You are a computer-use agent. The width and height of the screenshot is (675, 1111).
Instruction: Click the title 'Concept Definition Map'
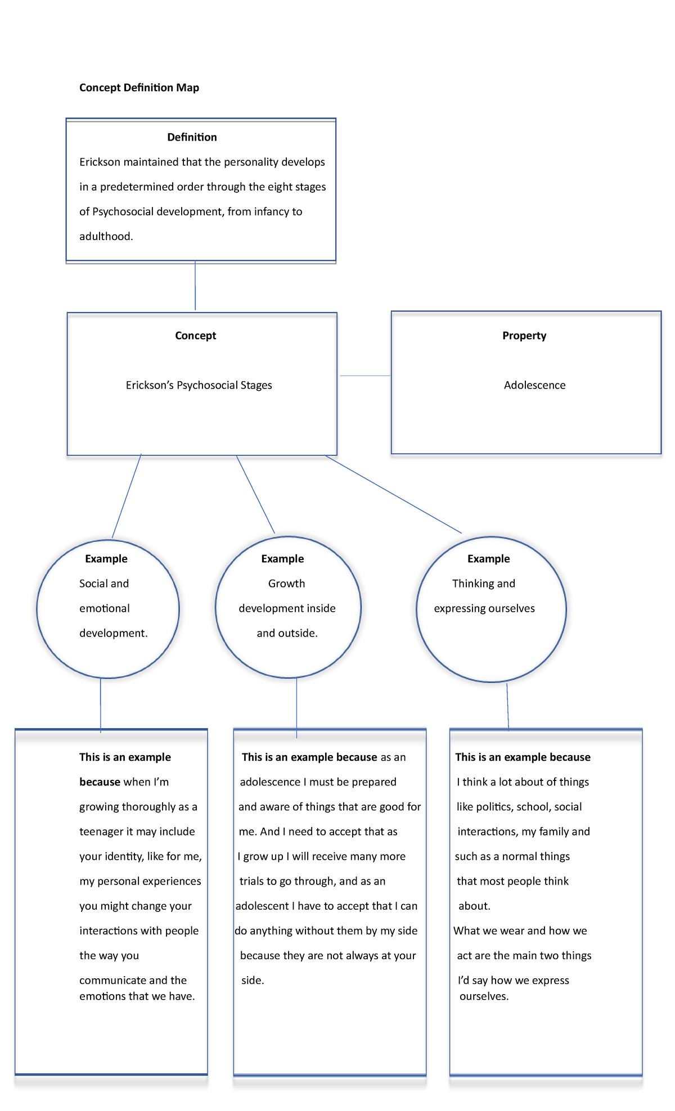coord(139,88)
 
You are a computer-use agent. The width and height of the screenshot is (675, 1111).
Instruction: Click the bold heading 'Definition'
coord(192,137)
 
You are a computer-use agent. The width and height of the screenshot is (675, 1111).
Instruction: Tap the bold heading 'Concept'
coord(195,336)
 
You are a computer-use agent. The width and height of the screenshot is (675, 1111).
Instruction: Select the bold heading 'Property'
coord(524,336)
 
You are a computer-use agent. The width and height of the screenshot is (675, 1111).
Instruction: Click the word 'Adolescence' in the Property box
coord(534,385)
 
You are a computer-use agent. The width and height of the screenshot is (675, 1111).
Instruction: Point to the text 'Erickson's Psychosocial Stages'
coord(199,385)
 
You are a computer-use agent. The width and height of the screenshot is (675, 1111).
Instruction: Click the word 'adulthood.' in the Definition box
coord(106,237)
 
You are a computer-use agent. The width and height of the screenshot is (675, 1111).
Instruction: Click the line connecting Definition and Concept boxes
coord(195,287)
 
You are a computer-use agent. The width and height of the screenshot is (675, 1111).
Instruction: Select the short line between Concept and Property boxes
coord(365,376)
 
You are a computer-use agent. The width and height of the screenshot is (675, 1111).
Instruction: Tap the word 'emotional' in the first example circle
coord(105,608)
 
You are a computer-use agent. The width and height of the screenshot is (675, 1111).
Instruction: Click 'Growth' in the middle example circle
coord(286,584)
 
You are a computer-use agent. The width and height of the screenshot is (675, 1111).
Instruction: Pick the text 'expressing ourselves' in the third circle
coord(484,608)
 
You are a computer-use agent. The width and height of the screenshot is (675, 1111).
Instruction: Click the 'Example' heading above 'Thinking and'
coord(488,559)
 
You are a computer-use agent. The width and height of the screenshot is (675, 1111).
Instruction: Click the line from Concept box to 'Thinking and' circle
coord(394,495)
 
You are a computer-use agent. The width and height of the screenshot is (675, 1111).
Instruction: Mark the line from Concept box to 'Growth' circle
coord(255,494)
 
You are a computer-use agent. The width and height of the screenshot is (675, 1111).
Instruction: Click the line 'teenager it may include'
coord(137,832)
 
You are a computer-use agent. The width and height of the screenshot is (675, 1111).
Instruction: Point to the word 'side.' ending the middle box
coord(253,980)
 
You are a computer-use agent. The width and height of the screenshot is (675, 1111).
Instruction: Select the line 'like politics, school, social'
coord(519,807)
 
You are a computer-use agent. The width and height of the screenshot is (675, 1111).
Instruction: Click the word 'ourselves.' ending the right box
coord(484,996)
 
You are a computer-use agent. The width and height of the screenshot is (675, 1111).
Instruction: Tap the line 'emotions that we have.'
coord(137,996)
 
